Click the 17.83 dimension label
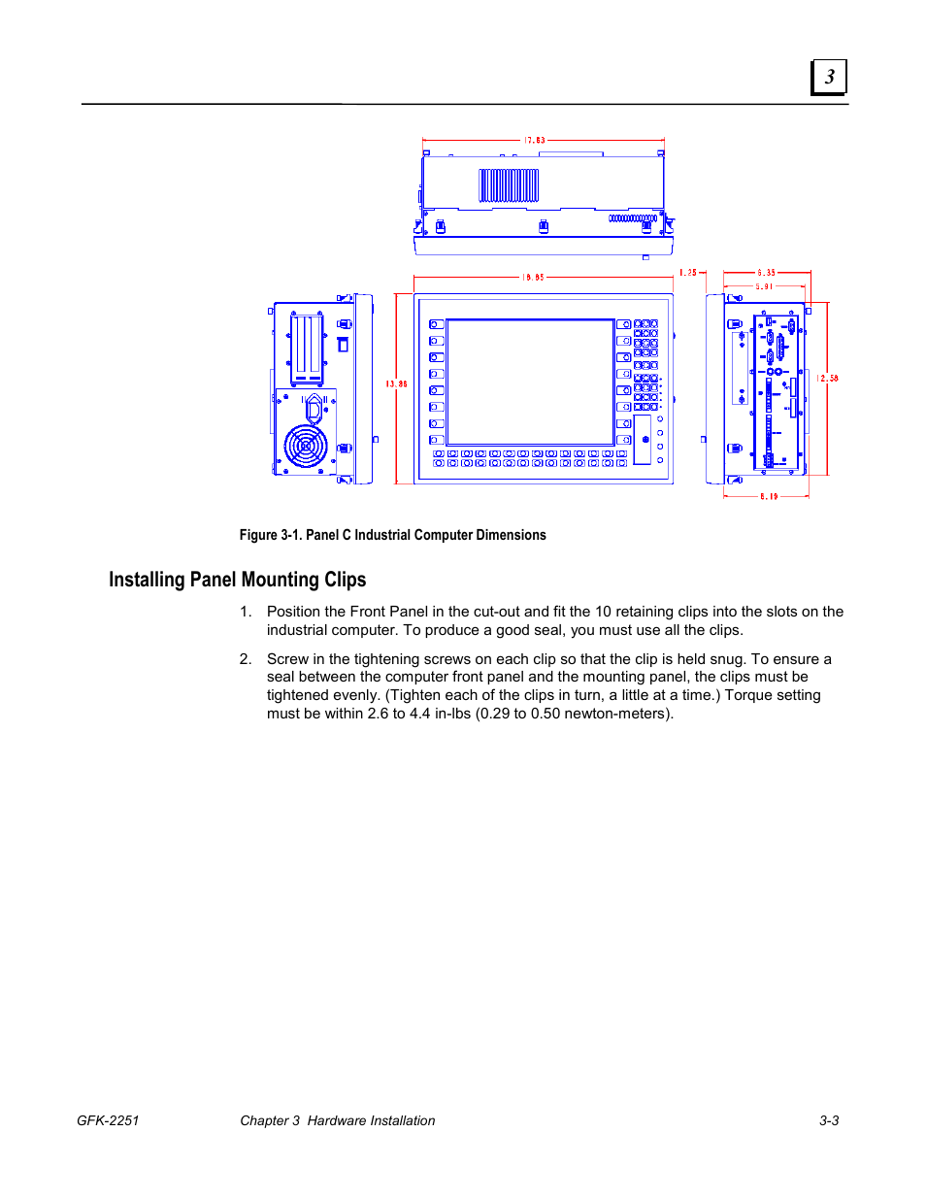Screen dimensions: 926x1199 pyautogui.click(x=535, y=141)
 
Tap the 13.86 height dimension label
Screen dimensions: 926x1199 pyautogui.click(x=396, y=384)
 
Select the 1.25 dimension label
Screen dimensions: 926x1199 pyautogui.click(x=688, y=273)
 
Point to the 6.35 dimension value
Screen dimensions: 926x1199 pyautogui.click(x=767, y=273)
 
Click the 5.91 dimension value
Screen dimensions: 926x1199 pyautogui.click(x=765, y=286)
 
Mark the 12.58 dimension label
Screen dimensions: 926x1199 pyautogui.click(x=827, y=379)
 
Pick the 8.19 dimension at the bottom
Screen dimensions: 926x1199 pyautogui.click(x=769, y=496)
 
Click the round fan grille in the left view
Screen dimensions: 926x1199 pyautogui.click(x=305, y=447)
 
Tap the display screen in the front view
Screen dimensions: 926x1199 pyautogui.click(x=530, y=382)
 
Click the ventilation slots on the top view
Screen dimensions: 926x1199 pyautogui.click(x=509, y=185)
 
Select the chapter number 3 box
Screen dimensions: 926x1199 pyautogui.click(x=829, y=78)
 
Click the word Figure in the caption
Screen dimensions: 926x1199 pyautogui.click(x=258, y=535)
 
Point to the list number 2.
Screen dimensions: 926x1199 pyautogui.click(x=246, y=659)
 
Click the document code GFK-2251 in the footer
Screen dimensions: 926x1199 pyautogui.click(x=108, y=1120)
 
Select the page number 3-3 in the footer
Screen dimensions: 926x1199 pyautogui.click(x=829, y=1120)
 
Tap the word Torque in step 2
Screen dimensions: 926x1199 pyautogui.click(x=748, y=695)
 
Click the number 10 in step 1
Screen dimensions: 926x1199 pyautogui.click(x=603, y=612)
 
